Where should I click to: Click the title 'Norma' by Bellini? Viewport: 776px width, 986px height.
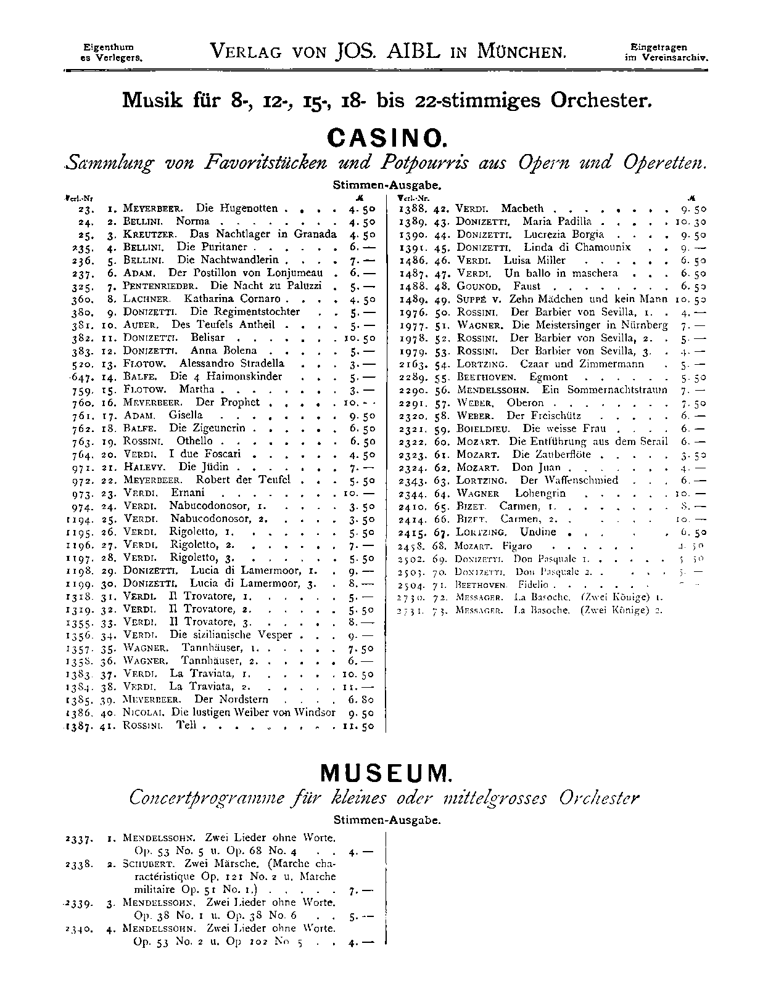coord(192,221)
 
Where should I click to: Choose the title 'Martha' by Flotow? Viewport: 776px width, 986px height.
coord(197,389)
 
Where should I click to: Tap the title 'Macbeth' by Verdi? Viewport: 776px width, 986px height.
coord(522,208)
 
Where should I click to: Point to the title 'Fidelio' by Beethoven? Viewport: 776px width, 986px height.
coord(530,584)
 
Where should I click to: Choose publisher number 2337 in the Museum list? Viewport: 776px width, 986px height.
coord(80,839)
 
